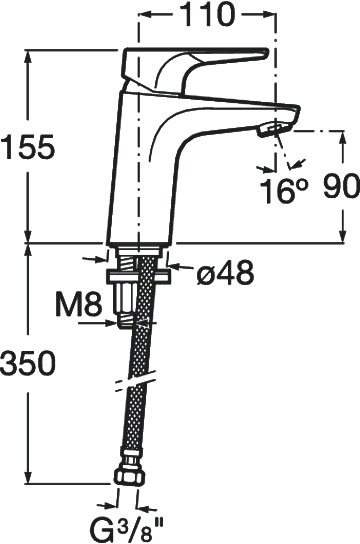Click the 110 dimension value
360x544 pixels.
click(208, 14)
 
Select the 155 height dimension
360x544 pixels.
click(28, 147)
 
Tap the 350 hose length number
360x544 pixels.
click(28, 363)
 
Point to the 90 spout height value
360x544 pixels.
click(341, 186)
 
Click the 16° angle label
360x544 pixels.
click(284, 191)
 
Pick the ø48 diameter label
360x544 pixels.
click(225, 272)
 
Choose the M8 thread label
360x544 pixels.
click(79, 304)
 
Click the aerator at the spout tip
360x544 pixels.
click(268, 130)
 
